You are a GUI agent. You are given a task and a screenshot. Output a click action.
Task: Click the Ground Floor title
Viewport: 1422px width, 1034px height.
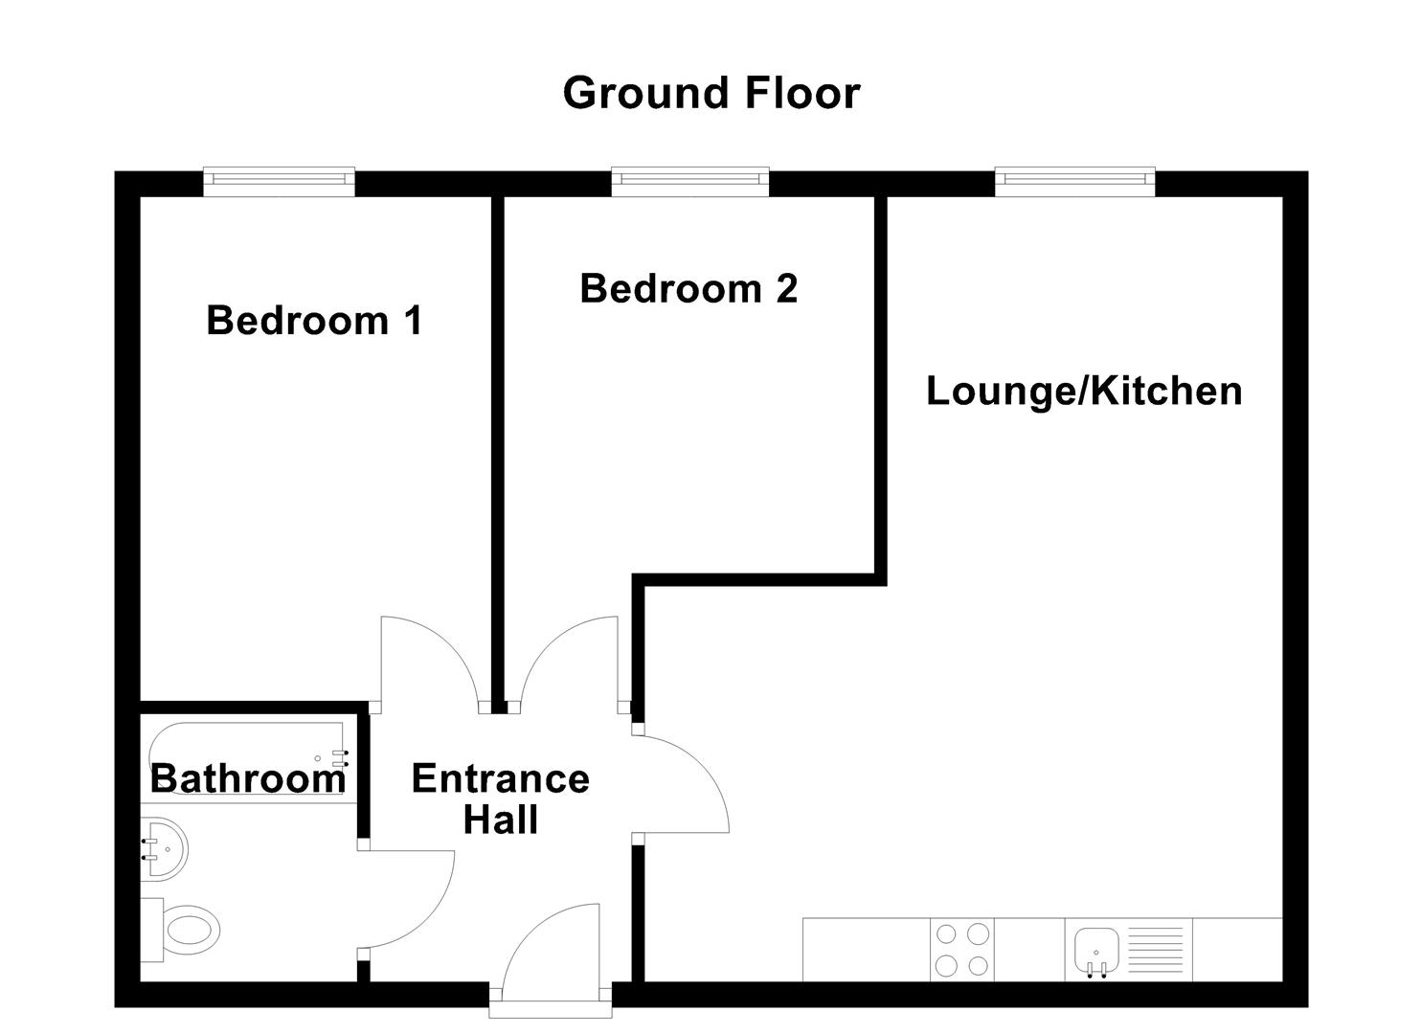[x=711, y=94]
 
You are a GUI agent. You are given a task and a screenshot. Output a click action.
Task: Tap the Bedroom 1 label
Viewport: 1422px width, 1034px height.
[x=314, y=320]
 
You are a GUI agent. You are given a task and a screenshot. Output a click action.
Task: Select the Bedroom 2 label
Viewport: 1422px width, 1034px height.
[x=688, y=288]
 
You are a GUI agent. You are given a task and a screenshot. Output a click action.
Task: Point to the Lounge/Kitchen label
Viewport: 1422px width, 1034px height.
[x=1084, y=391]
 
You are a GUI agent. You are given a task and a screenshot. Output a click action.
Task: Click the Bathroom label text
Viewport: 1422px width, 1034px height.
[x=248, y=778]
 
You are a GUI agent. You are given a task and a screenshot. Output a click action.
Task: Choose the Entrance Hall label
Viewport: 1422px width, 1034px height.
[x=500, y=799]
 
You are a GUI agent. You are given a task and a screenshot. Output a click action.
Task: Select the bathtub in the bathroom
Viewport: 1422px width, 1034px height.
[x=247, y=756]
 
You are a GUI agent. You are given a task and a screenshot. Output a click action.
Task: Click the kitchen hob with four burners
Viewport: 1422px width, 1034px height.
[x=961, y=949]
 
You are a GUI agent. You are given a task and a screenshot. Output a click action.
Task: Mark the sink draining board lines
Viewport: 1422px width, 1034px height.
[x=1155, y=949]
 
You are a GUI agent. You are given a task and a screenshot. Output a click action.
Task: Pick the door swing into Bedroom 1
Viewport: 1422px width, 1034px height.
[x=426, y=661]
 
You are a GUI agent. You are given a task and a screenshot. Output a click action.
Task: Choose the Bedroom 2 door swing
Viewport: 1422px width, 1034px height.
[x=569, y=661]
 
